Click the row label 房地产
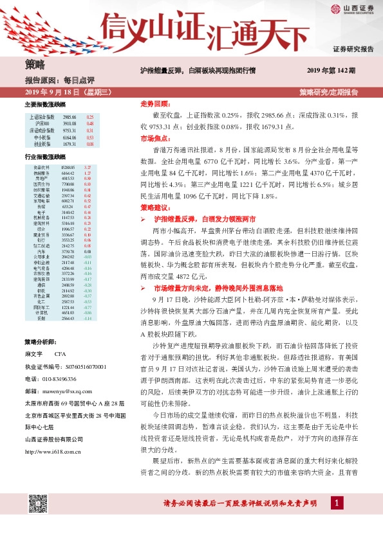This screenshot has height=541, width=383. tap(41, 179)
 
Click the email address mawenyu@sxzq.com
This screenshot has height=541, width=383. tap(71, 389)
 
